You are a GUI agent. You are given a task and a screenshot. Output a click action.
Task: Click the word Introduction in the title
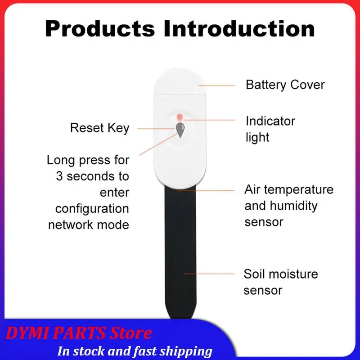click(238, 28)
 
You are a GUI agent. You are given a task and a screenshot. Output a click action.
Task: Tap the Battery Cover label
click(285, 85)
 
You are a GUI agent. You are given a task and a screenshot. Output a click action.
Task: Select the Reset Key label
click(99, 128)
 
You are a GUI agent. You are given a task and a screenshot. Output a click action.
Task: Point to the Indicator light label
click(270, 129)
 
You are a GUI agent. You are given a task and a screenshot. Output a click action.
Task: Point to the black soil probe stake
click(180, 261)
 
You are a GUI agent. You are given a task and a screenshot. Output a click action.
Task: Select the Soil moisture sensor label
click(280, 282)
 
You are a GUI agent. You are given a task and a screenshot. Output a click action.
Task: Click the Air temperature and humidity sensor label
click(288, 206)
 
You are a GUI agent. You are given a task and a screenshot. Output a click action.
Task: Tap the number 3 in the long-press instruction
click(59, 176)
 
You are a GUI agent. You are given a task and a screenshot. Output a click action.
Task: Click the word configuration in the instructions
click(92, 209)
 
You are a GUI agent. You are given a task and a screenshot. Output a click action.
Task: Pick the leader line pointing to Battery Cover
click(216, 85)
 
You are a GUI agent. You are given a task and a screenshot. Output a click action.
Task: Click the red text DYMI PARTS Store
click(79, 334)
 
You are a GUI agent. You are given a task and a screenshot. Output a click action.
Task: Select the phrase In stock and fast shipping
click(135, 351)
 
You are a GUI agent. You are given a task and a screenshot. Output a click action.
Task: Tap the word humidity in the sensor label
click(293, 206)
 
